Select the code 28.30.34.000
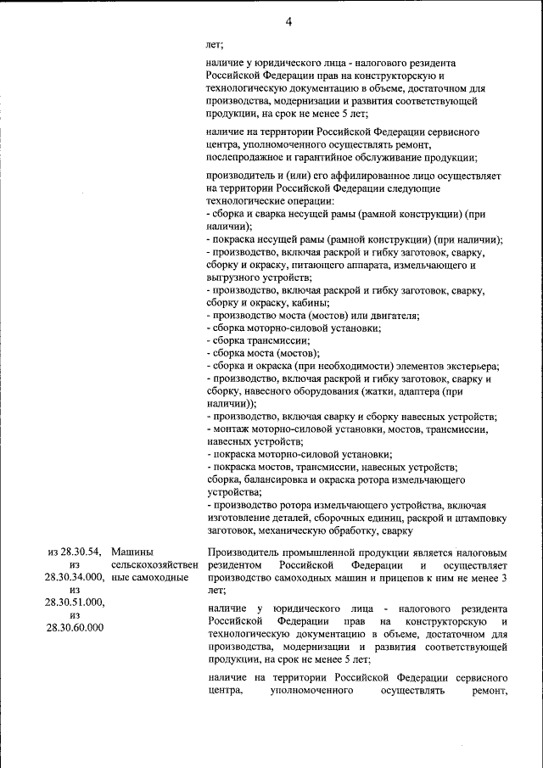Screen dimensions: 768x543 [x=74, y=577]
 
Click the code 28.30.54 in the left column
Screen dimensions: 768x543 [x=82, y=552]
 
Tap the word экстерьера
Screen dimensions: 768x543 [x=471, y=366]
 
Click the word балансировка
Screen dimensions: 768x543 [x=278, y=479]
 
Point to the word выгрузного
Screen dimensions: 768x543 [x=232, y=277]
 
